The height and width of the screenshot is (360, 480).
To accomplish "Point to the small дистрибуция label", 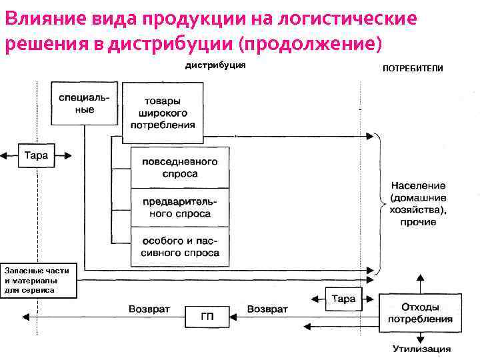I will pos(215,65).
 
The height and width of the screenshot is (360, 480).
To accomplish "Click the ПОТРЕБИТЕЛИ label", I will pos(412,69).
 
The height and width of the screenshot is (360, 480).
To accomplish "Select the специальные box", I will pos(85,103).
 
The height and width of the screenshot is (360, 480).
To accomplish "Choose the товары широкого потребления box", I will pos(163,113).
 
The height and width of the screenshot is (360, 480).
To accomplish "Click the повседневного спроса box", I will pos(179,167).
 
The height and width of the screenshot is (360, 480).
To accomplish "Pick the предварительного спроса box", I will pos(179,207).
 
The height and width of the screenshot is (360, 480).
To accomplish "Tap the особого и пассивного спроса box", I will pos(179,247).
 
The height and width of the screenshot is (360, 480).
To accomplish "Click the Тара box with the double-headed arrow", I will pos(36,155).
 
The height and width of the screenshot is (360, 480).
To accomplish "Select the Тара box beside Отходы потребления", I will pos(343,299).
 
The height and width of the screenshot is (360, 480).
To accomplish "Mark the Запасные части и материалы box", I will pos(39,280).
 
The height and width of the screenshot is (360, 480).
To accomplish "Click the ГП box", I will pos(207,316).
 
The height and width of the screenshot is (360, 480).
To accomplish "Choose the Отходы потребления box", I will pos(419,313).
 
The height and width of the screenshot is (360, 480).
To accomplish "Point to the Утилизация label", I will pos(421,349).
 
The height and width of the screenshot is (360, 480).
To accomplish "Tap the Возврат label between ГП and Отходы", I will pos(267,309).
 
